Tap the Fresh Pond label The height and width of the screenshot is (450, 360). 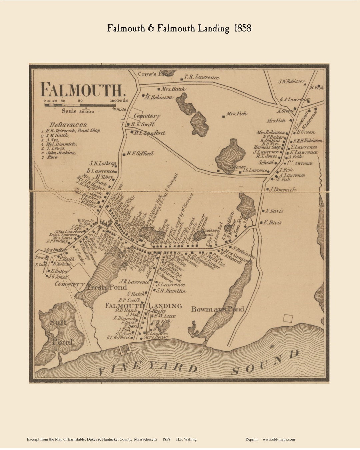(x=107, y=287)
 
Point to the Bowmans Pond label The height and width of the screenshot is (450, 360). (x=217, y=309)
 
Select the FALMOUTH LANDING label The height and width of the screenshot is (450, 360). (x=143, y=306)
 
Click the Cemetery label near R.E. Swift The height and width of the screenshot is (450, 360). (x=147, y=116)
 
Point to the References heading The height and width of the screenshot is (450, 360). (x=68, y=124)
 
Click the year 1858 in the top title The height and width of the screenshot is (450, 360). (x=243, y=28)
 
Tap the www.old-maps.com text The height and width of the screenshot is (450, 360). (x=279, y=439)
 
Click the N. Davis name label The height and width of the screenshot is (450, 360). (x=275, y=211)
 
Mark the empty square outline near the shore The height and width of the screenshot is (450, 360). (x=288, y=318)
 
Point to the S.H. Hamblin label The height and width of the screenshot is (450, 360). (x=171, y=291)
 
